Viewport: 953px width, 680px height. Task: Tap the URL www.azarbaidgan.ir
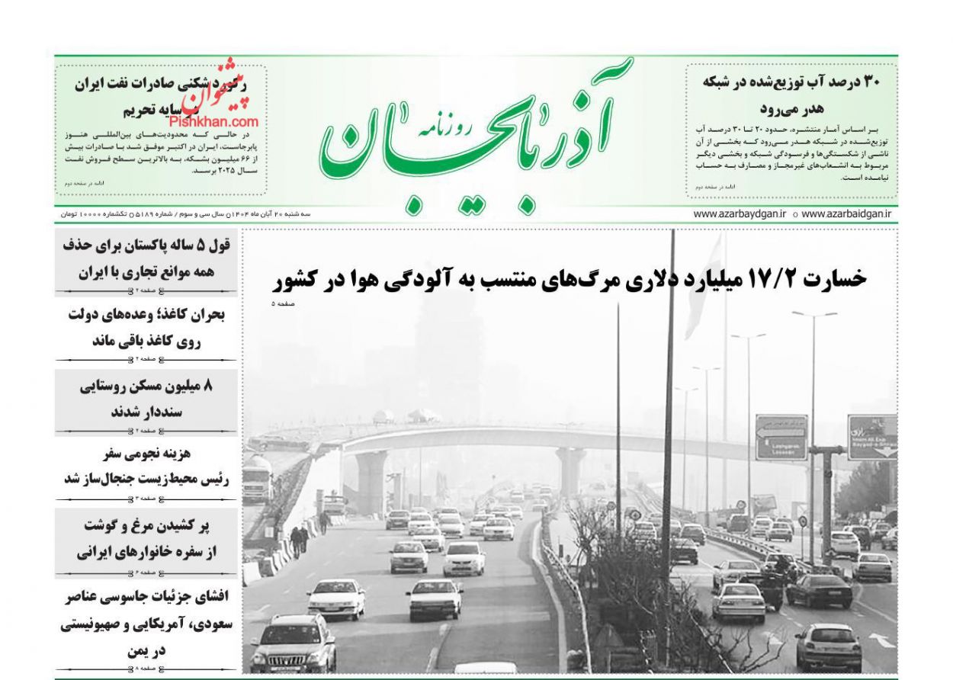click(846, 214)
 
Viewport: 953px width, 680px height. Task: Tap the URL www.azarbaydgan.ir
click(740, 214)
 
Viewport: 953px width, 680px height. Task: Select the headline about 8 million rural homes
click(146, 399)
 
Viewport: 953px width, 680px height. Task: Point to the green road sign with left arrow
click(781, 437)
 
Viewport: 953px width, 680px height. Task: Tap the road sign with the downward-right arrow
click(871, 437)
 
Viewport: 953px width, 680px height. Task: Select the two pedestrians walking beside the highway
click(299, 540)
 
